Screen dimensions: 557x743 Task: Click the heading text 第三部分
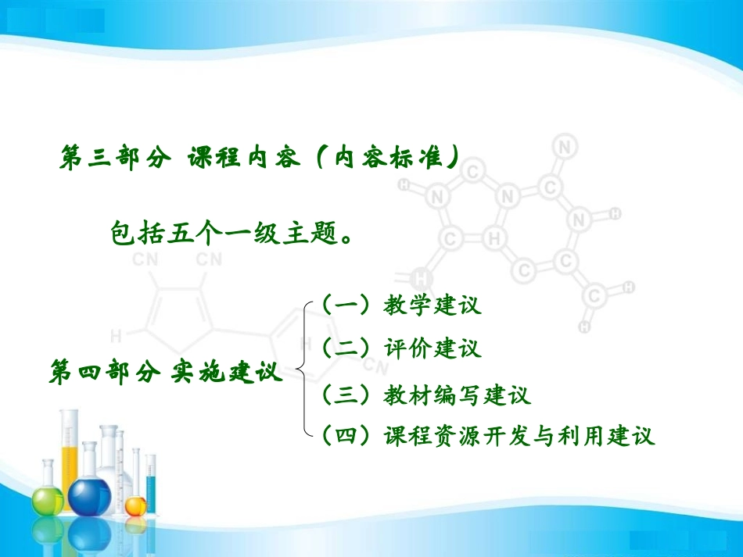[x=114, y=158]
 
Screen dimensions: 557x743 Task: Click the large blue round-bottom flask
[x=90, y=492]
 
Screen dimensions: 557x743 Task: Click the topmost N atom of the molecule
[x=565, y=146]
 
